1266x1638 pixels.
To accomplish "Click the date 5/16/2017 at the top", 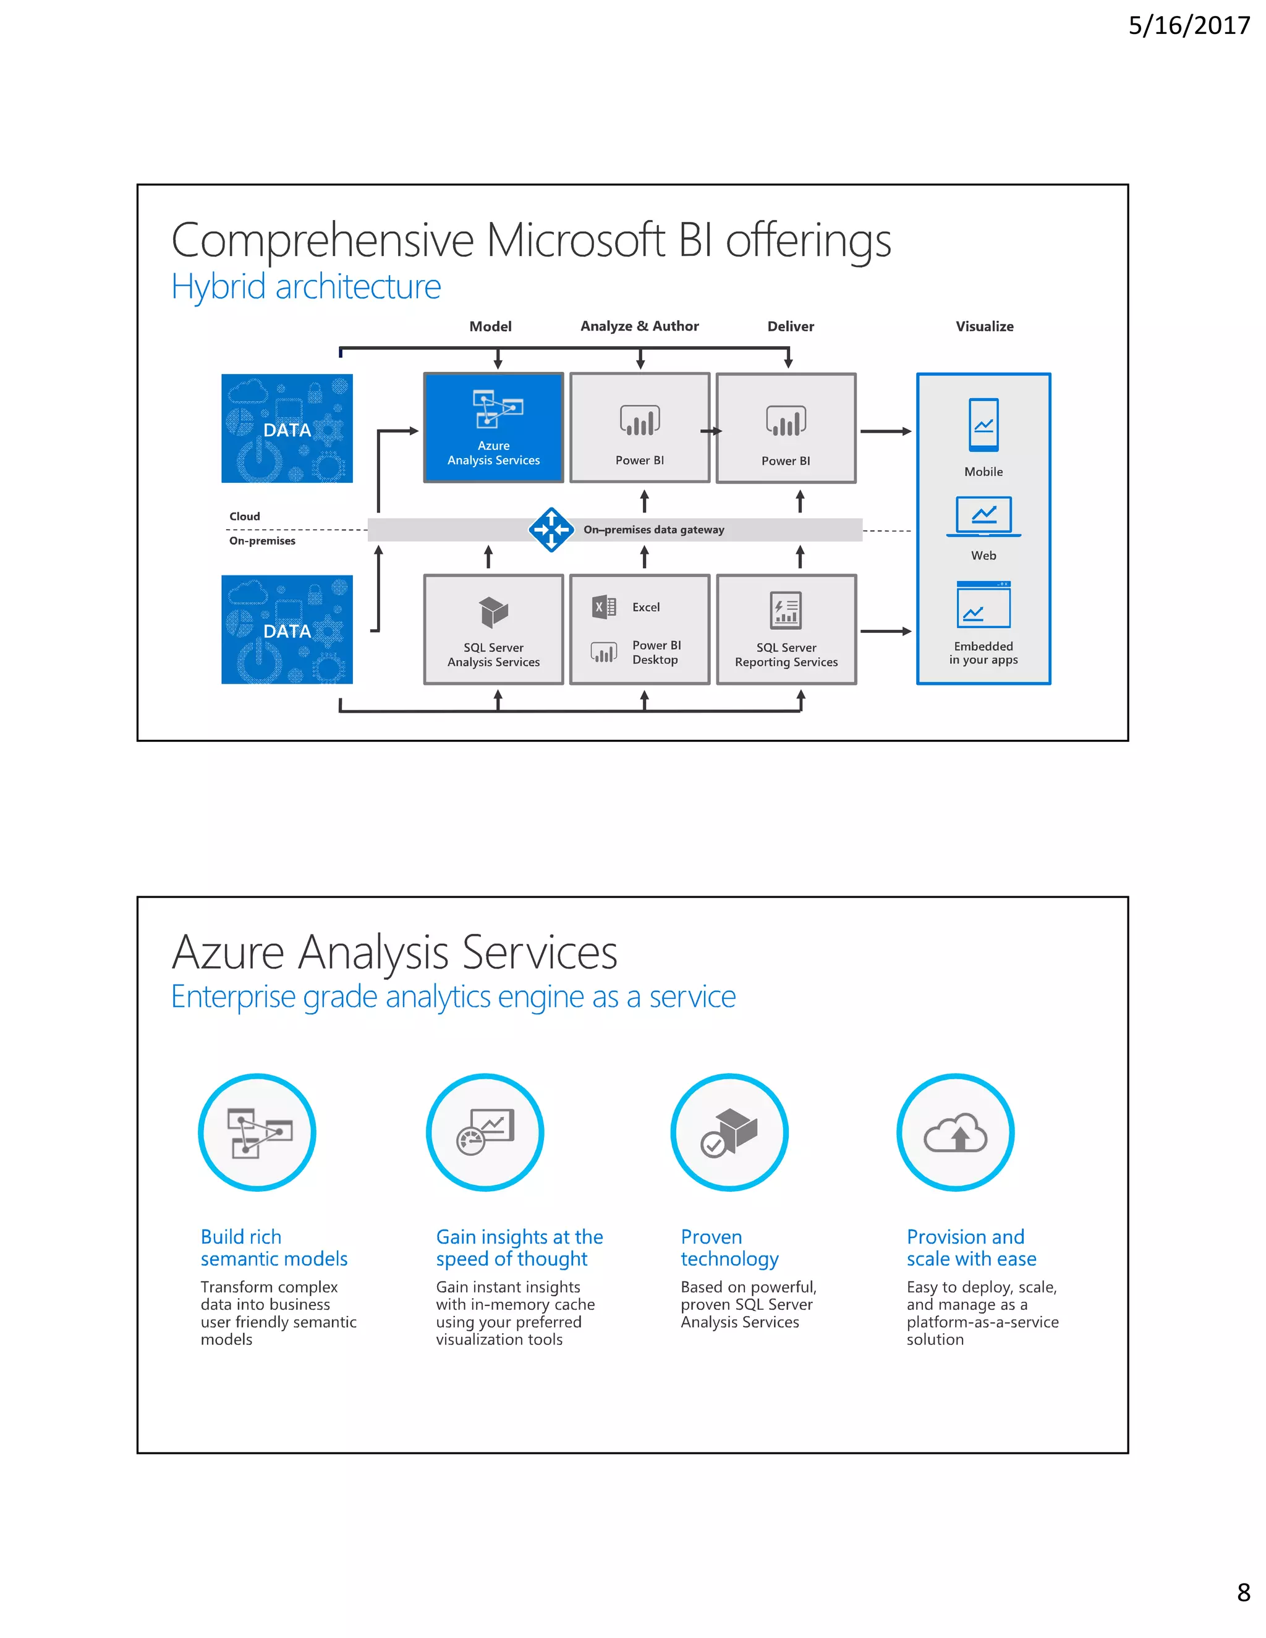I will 1188,26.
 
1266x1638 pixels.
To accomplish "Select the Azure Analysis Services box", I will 493,428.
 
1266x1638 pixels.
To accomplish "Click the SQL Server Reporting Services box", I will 786,630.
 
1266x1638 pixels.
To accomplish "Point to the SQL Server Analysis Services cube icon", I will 493,612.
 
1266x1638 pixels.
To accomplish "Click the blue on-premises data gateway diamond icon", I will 551,530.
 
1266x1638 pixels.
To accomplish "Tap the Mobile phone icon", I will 983,425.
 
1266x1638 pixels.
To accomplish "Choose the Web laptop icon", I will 983,517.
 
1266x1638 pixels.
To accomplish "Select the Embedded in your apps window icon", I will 983,605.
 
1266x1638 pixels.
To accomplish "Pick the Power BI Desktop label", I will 656,653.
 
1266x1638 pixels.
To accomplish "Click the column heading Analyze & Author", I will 639,326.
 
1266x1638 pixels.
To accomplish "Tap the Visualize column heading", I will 984,326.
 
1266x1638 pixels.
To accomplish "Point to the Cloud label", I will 245,517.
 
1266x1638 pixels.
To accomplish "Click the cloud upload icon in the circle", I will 956,1132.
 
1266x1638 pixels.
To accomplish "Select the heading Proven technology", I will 729,1248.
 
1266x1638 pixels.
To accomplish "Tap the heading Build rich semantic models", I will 274,1248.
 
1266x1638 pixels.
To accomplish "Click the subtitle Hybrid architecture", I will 306,287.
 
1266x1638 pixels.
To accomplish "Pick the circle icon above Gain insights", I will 485,1132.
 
